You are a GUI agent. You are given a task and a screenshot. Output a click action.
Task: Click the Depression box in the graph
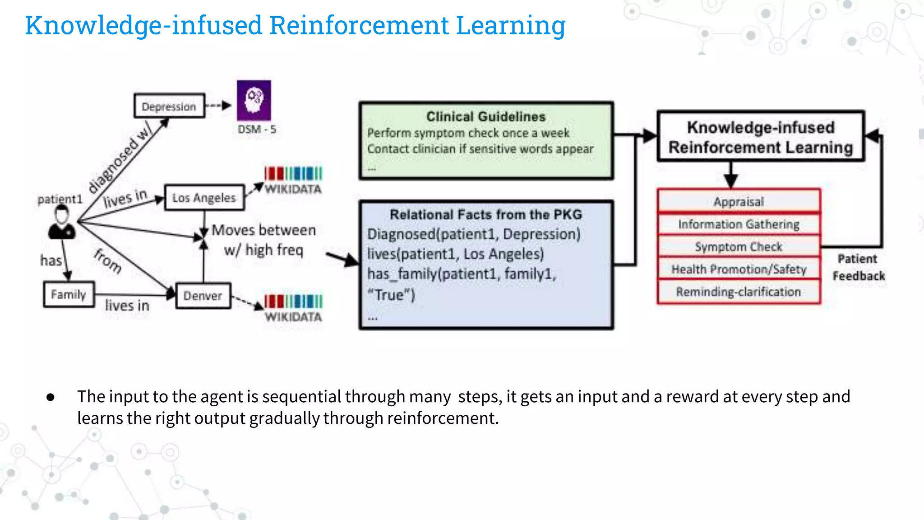click(x=169, y=107)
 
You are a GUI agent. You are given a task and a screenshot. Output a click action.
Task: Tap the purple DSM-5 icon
click(x=254, y=100)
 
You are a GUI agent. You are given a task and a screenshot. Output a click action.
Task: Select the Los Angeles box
click(x=204, y=198)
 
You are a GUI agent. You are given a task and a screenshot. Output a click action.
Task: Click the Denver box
click(x=203, y=296)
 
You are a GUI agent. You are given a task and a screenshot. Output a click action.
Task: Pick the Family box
click(x=69, y=294)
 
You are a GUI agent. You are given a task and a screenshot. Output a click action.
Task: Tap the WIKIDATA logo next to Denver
click(x=293, y=308)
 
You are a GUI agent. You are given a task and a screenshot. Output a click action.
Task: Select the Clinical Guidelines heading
click(x=486, y=116)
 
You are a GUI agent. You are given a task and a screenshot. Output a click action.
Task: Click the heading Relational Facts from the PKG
click(x=486, y=214)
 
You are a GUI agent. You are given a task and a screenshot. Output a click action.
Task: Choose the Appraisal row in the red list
click(x=739, y=201)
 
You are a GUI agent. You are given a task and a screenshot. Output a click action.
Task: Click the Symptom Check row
click(x=739, y=246)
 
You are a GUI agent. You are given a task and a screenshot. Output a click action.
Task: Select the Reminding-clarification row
click(x=739, y=292)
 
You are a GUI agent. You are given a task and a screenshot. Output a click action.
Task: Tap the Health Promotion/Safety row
click(x=739, y=269)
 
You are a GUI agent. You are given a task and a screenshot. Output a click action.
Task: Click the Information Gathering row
click(x=739, y=224)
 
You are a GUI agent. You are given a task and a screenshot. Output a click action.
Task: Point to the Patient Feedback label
click(x=858, y=267)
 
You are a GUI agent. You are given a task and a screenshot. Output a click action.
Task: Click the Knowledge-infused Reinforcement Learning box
click(x=761, y=137)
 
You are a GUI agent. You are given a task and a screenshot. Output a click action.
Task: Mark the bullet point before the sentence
click(x=51, y=397)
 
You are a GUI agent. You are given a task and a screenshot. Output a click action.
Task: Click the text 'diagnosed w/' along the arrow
click(x=120, y=158)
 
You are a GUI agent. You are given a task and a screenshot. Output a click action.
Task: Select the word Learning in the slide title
click(x=510, y=25)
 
